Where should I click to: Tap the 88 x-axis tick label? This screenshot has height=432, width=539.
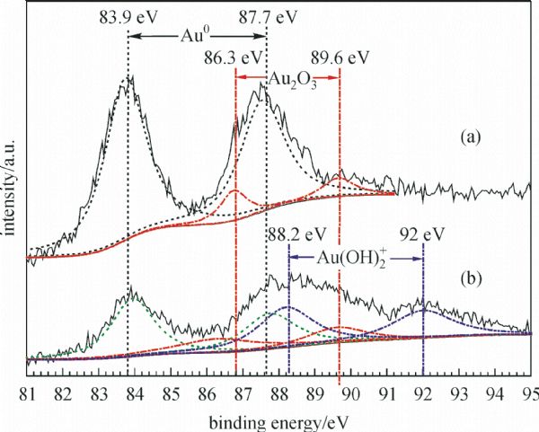click(x=278, y=392)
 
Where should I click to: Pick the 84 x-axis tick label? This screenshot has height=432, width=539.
click(x=135, y=392)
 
